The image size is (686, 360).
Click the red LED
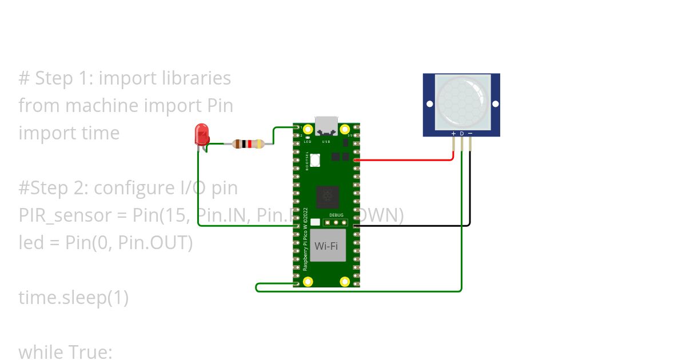[202, 134]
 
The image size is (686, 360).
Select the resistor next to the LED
[248, 144]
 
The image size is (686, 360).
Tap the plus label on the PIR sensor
[453, 134]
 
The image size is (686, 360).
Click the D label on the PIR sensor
[462, 134]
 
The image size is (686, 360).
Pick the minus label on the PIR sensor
[470, 134]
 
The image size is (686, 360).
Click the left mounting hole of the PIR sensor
[429, 104]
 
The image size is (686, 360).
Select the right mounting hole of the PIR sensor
[495, 104]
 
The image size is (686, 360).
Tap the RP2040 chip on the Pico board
[327, 198]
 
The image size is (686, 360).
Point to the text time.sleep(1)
[73, 298]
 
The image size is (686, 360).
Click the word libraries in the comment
[197, 78]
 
